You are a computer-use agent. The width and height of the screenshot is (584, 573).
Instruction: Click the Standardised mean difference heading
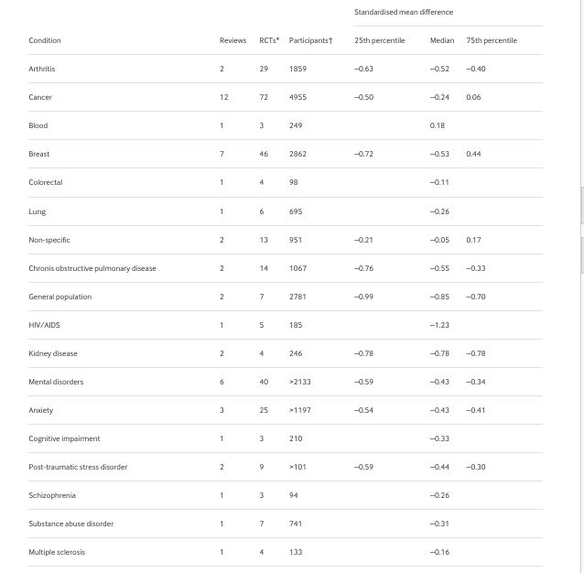point(404,12)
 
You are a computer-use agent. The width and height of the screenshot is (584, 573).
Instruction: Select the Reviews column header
point(233,40)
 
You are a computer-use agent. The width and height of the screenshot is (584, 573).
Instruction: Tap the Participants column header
point(310,40)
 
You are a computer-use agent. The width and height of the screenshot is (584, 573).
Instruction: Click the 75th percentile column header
point(492,40)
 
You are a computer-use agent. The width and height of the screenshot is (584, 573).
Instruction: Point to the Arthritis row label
point(42,69)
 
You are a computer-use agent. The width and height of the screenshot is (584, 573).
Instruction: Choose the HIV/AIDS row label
point(45,325)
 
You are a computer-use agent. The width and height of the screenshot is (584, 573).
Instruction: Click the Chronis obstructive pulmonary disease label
point(92,268)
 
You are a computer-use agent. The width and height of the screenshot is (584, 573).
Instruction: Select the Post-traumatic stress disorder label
point(78,467)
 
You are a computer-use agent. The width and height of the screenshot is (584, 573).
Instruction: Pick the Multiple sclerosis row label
point(57,552)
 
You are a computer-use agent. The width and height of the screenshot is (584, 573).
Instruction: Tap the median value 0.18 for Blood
point(438,125)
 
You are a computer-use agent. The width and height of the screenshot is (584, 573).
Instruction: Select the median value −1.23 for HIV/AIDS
point(439,325)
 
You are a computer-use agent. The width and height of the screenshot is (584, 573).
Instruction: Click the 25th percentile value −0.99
point(363,297)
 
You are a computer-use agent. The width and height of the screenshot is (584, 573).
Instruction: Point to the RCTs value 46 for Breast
point(264,154)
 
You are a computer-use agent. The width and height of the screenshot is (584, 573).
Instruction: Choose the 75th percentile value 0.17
point(473,240)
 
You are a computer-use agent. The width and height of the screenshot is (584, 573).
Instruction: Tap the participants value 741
point(296,524)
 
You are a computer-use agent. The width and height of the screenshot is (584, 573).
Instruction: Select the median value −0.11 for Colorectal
point(439,182)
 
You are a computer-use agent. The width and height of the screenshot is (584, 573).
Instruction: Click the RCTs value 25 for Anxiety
point(264,410)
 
